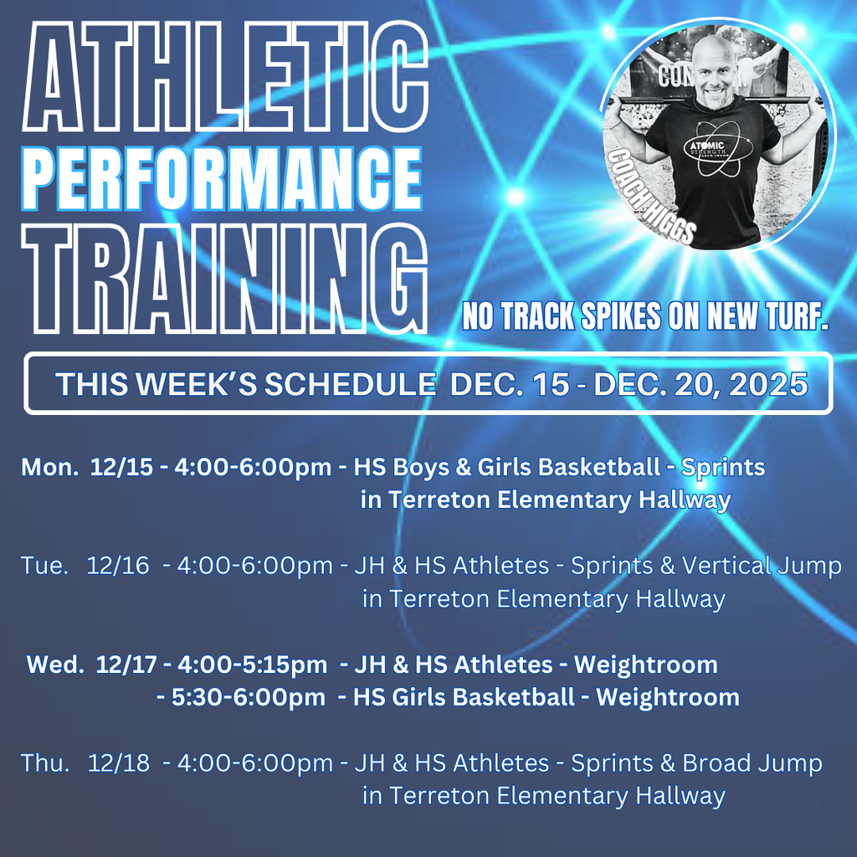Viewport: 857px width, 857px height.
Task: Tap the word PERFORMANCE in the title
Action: [x=223, y=178]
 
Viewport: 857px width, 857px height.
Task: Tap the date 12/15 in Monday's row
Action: [x=122, y=467]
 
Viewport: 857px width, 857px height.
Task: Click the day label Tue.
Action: [x=44, y=566]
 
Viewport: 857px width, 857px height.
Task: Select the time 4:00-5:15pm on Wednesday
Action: [x=251, y=665]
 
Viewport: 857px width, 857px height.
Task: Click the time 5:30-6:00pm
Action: [x=249, y=697]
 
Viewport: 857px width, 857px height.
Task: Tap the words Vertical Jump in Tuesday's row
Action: [x=762, y=566]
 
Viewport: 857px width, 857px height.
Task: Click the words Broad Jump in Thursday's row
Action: [x=752, y=763]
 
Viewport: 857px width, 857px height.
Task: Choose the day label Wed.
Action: [x=55, y=665]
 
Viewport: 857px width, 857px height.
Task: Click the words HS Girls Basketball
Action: [x=464, y=697]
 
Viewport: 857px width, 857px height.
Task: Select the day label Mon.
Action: [x=49, y=467]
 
